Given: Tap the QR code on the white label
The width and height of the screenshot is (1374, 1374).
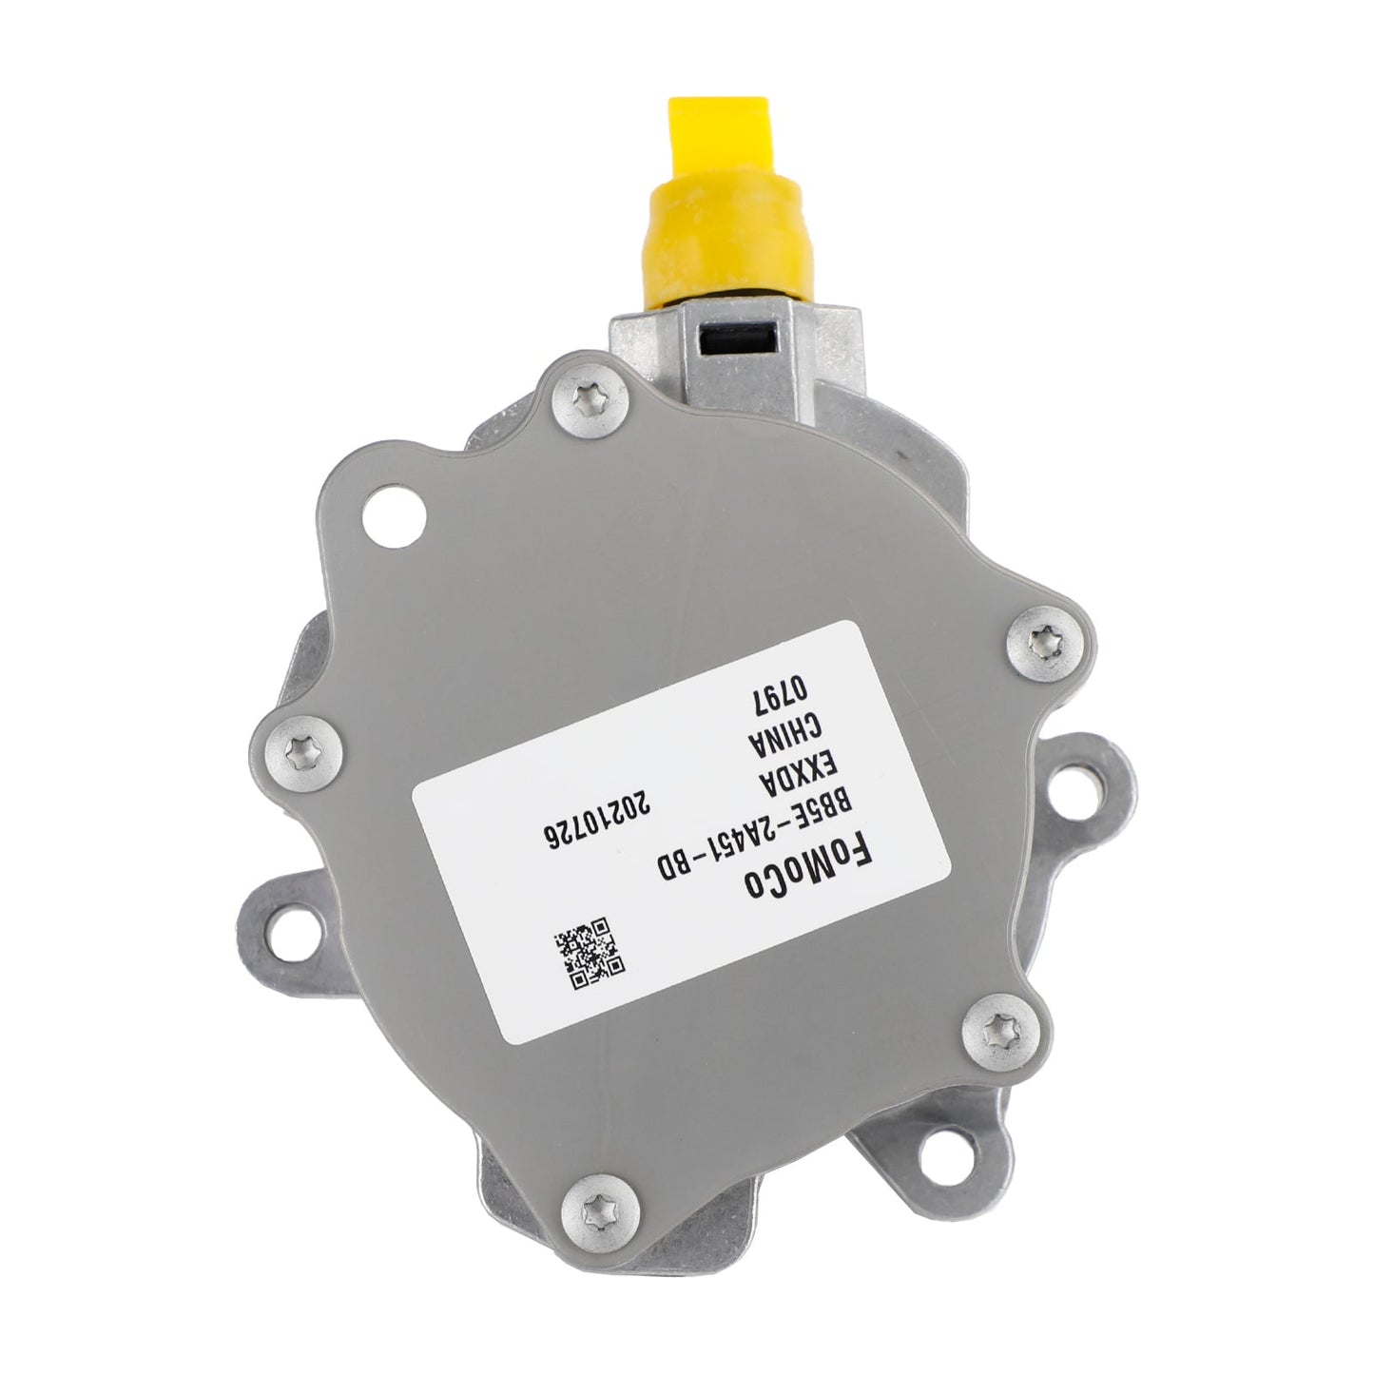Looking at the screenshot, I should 590,948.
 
